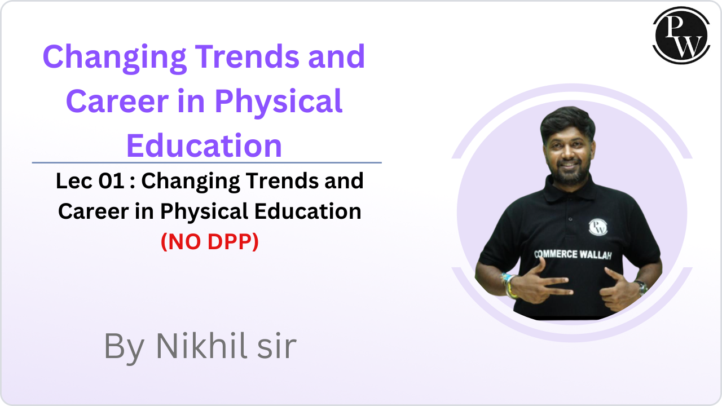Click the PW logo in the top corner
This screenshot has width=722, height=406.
pos(681,35)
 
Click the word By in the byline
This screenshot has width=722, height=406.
pos(124,347)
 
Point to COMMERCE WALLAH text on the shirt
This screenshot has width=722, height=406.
pos(572,254)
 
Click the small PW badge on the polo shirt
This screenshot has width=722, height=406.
pos(597,226)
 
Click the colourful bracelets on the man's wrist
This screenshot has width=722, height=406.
pos(509,285)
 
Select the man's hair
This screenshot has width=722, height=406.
pos(567,121)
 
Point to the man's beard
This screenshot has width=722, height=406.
pos(566,172)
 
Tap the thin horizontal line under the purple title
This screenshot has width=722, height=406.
pos(206,162)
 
